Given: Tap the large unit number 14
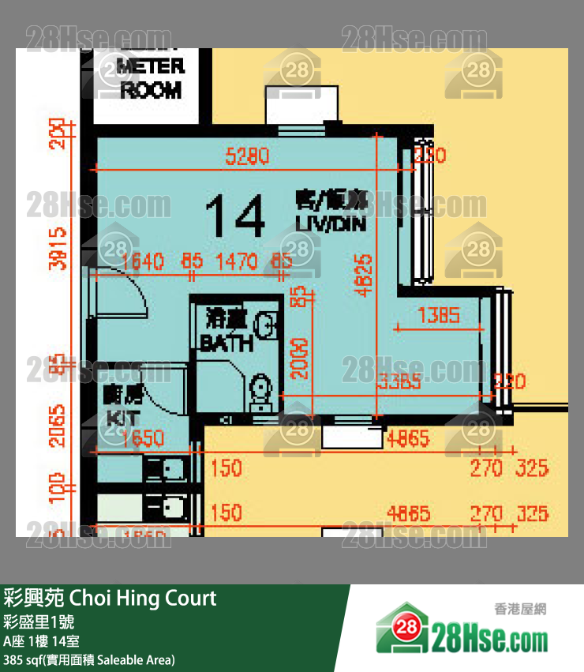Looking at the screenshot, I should (x=234, y=217).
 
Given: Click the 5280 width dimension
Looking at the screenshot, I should (x=247, y=156).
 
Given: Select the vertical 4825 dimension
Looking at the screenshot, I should (x=364, y=274).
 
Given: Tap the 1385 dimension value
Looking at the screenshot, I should (x=438, y=316).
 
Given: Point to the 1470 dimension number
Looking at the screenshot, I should (x=238, y=261).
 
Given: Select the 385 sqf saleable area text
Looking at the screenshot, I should (x=89, y=659).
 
